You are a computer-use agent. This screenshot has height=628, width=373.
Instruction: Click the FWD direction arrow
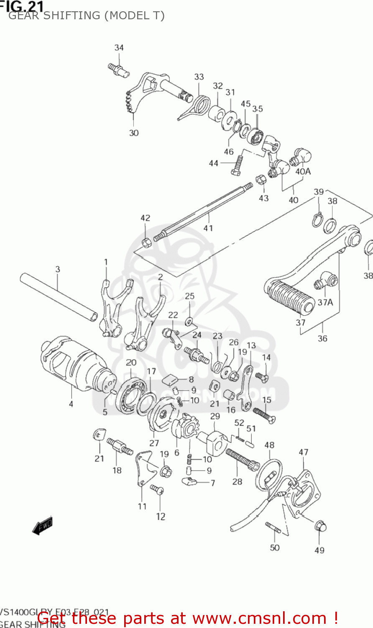point(43,525)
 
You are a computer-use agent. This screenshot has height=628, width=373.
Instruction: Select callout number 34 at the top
point(119,48)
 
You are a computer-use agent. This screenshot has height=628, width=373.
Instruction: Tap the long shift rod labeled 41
point(205,211)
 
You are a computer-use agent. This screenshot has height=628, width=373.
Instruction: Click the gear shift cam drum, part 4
point(71,364)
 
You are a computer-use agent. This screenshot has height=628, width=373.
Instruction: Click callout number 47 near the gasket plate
point(304,452)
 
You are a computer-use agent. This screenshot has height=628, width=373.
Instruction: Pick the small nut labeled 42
point(146,242)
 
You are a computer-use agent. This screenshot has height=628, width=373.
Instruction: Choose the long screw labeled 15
point(263,414)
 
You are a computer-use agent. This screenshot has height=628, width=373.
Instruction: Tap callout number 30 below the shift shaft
point(134,133)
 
